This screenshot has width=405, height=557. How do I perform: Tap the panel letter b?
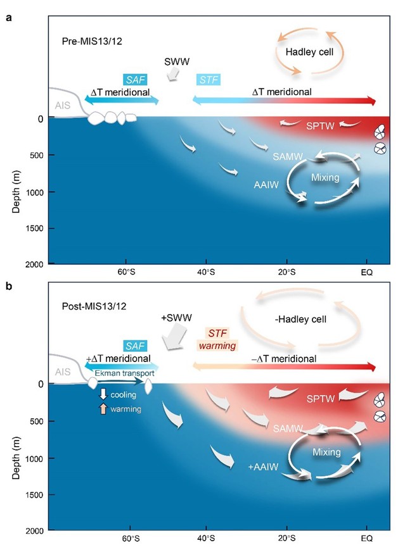click(8, 286)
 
